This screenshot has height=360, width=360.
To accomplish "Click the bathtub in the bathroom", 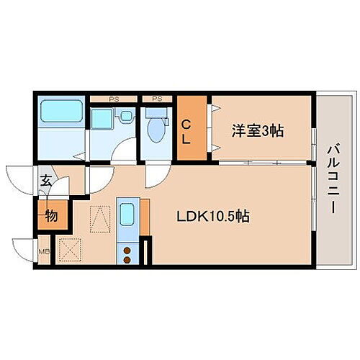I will tap(60, 112).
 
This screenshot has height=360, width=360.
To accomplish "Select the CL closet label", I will tap(186, 130).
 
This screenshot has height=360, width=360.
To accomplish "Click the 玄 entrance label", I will tap(45, 180).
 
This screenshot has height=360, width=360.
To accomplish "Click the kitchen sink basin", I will tap(127, 215).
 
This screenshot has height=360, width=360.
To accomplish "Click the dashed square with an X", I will tap(70, 251).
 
